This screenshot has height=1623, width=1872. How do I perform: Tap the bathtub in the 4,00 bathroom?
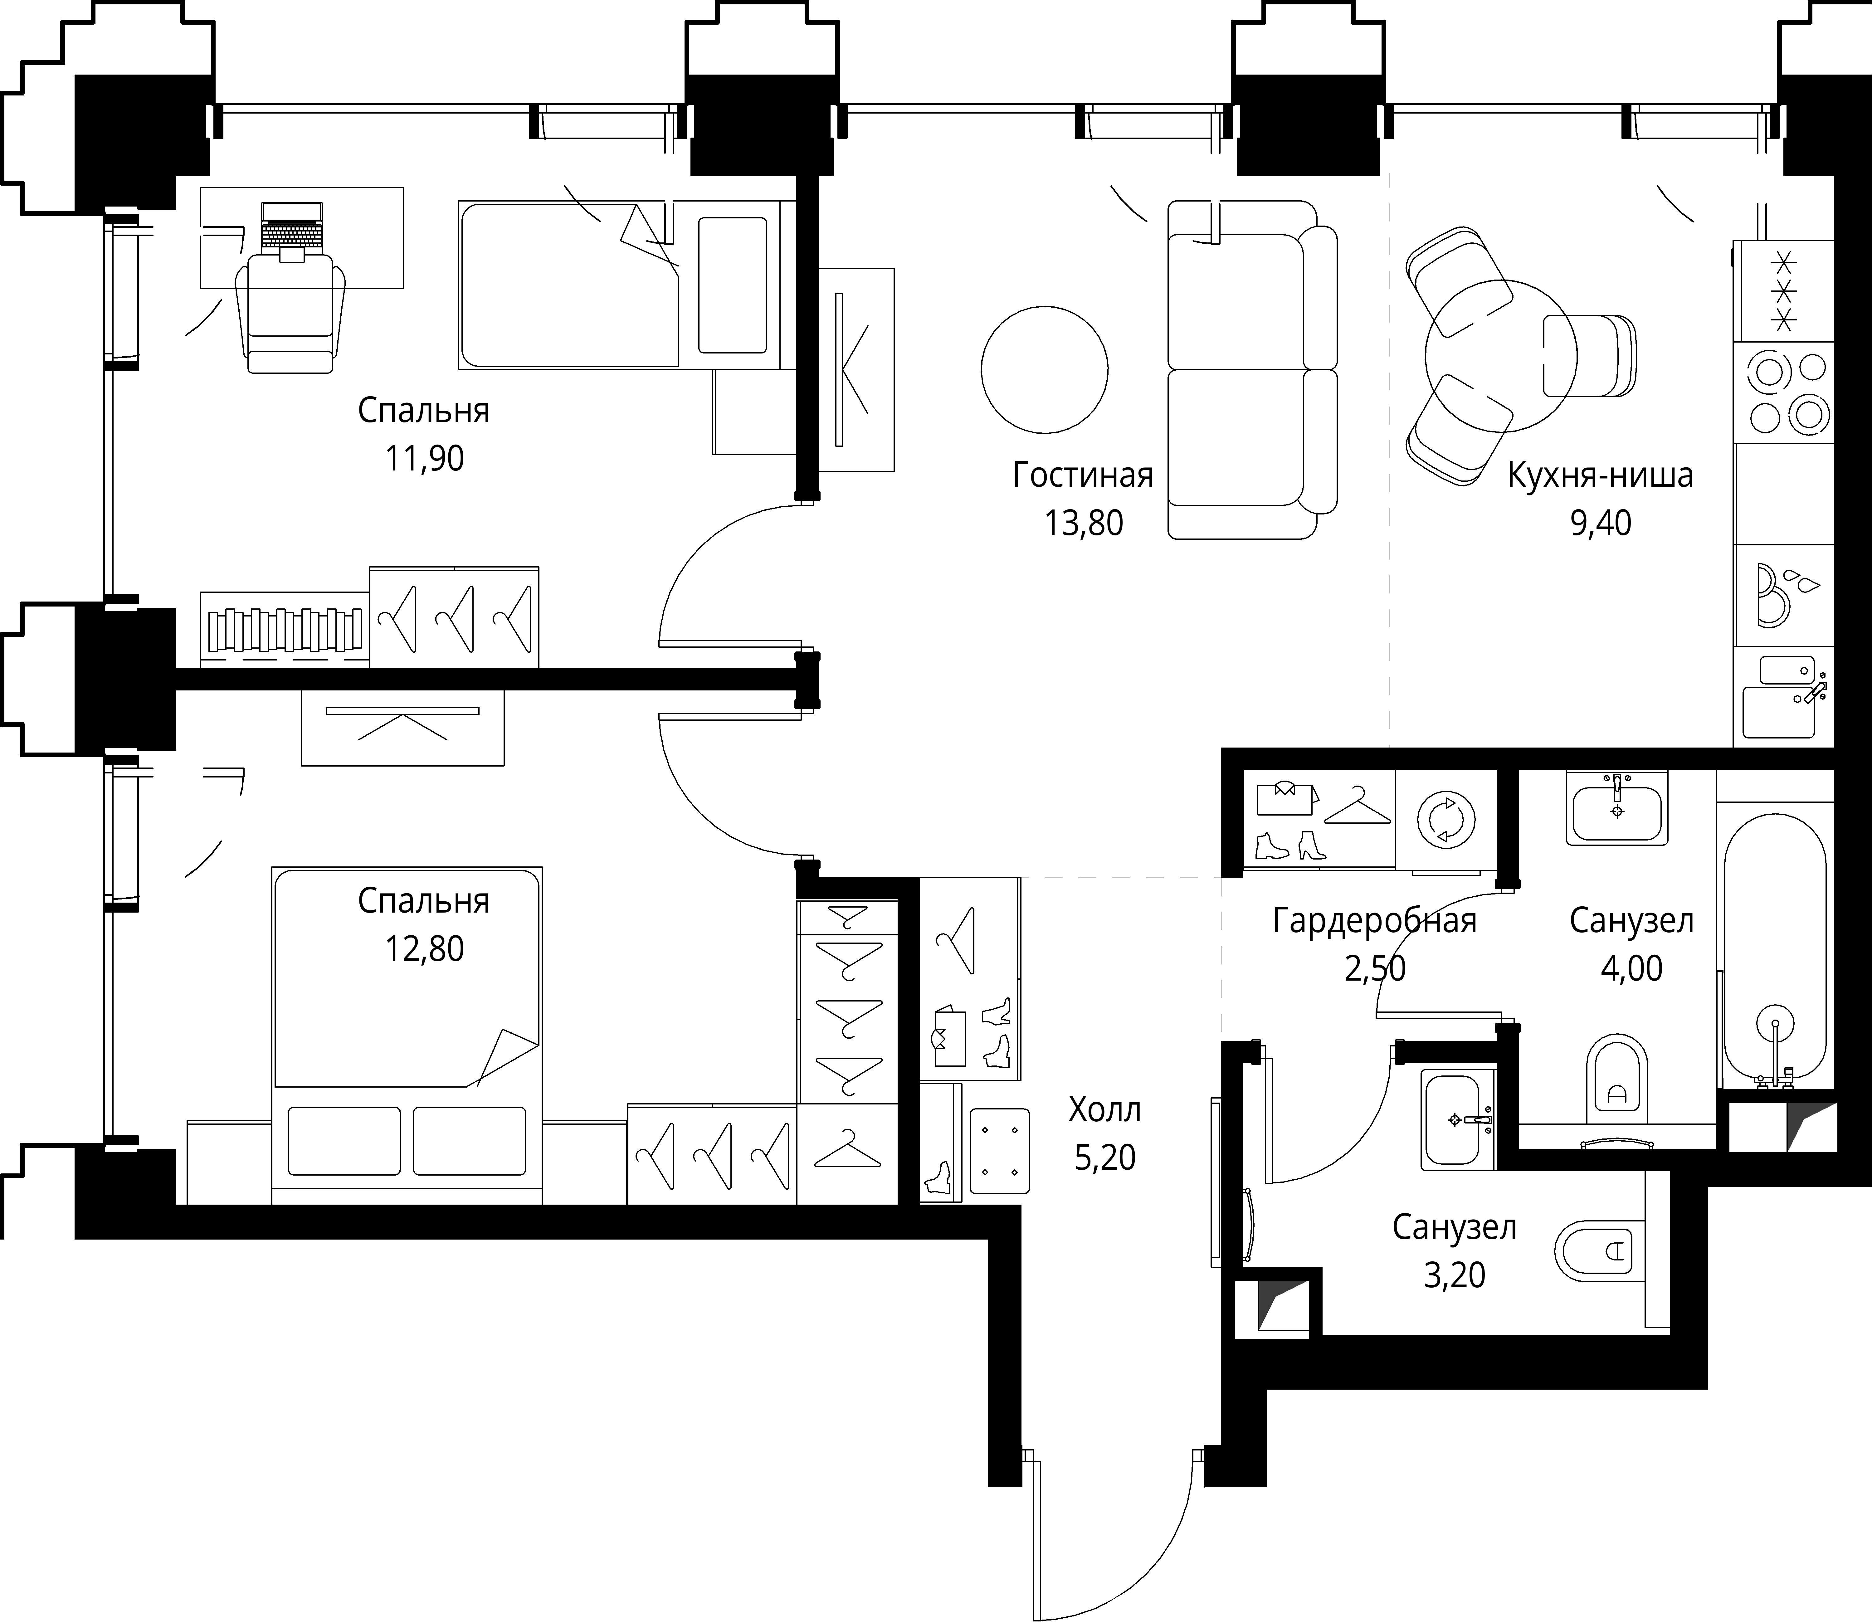[1774, 951]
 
